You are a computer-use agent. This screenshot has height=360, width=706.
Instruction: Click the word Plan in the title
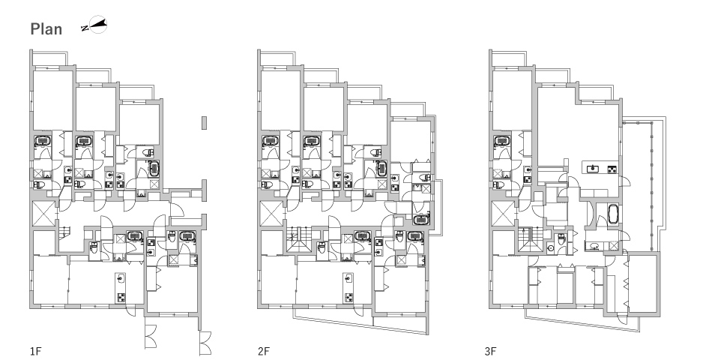click(46, 28)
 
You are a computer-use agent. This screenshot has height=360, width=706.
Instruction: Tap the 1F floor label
click(35, 351)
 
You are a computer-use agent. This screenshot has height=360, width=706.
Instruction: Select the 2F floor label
click(263, 351)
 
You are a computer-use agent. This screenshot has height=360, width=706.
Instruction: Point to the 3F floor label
click(491, 351)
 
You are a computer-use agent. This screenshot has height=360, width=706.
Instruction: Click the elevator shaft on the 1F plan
click(44, 214)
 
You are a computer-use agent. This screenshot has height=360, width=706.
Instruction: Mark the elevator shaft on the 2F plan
click(272, 214)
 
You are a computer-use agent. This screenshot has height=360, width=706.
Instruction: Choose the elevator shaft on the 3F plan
click(504, 214)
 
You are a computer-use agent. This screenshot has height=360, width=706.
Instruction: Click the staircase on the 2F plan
click(298, 240)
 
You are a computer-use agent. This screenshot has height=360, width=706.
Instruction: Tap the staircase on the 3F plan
click(529, 240)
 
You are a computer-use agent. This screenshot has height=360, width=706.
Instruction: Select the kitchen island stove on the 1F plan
click(121, 297)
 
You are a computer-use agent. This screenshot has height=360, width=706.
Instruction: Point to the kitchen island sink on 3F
click(591, 169)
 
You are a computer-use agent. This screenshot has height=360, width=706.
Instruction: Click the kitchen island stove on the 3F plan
click(612, 169)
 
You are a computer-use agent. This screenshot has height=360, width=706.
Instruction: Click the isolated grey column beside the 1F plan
click(204, 122)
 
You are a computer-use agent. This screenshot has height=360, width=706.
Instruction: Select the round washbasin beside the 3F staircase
click(550, 248)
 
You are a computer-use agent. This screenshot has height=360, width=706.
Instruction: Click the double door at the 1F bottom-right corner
click(205, 343)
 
